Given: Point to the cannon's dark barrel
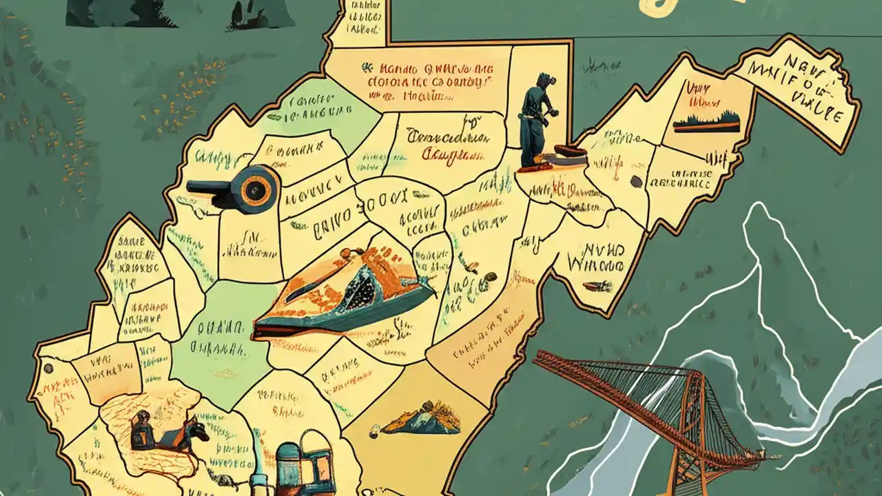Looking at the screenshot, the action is coord(211,186).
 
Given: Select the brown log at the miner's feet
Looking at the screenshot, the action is coord(565,151).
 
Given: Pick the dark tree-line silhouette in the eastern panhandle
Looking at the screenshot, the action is coord(706,123).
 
